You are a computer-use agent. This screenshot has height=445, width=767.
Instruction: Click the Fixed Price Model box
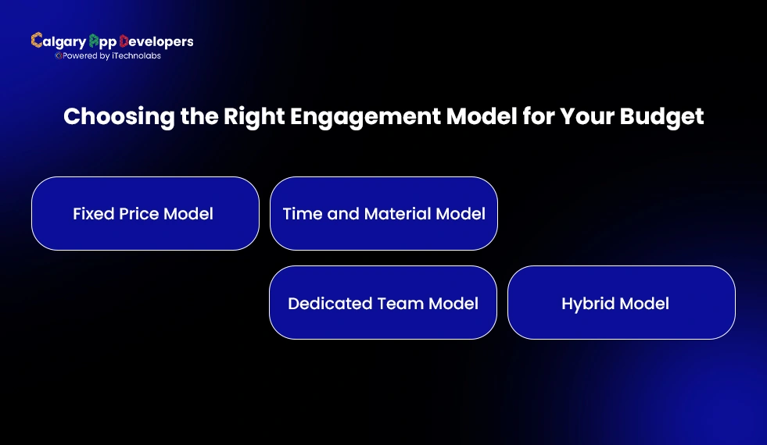pyautogui.click(x=145, y=213)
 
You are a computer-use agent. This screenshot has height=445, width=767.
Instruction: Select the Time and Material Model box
pyautogui.click(x=383, y=213)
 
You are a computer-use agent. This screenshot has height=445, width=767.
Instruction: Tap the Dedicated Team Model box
pyautogui.click(x=383, y=303)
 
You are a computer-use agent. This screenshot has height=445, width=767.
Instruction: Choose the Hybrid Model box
pyautogui.click(x=621, y=303)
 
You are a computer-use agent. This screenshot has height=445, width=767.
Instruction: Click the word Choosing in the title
pyautogui.click(x=108, y=117)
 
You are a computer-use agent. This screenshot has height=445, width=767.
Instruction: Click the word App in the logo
pyautogui.click(x=102, y=42)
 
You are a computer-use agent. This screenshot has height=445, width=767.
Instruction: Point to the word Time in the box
pyautogui.click(x=301, y=213)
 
